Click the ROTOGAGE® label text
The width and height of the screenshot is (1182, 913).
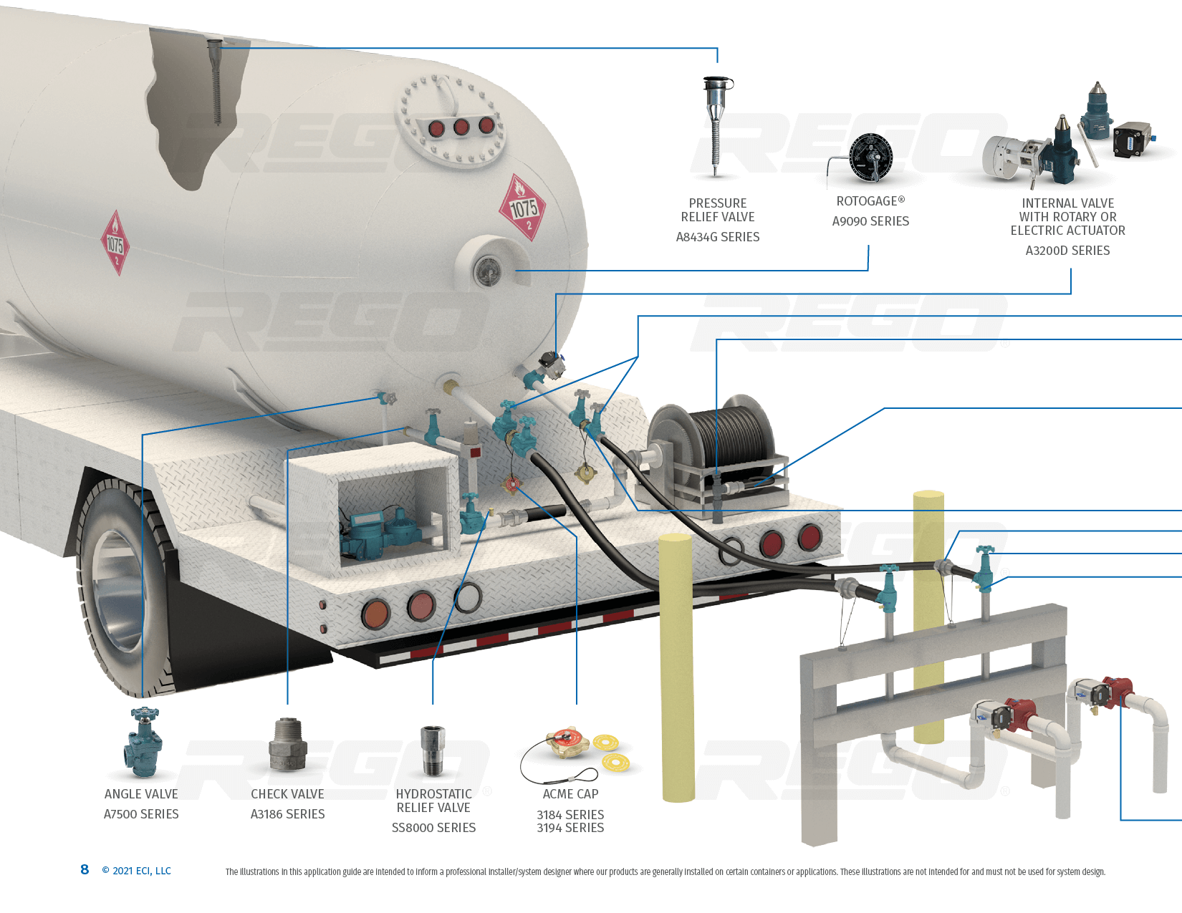tap(870, 201)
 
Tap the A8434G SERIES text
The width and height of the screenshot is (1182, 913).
tap(718, 237)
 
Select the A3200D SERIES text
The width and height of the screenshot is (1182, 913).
tap(1067, 251)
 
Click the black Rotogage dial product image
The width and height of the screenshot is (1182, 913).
tap(870, 157)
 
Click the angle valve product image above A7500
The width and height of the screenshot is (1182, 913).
tap(143, 743)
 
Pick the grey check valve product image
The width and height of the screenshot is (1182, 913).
tap(287, 746)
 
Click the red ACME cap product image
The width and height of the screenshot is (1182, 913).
tap(568, 743)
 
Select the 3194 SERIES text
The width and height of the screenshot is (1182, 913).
tap(570, 829)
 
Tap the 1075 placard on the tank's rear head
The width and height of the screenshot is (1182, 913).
tap(523, 208)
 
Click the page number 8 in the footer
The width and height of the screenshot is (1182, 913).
tap(85, 869)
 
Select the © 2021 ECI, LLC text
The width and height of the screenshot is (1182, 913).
tap(136, 871)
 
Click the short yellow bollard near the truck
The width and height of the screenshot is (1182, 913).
tap(676, 666)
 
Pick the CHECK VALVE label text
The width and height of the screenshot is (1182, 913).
tap(287, 794)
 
